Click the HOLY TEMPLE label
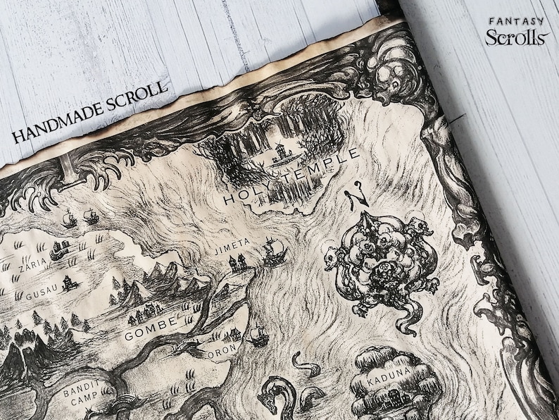click(x=290, y=177)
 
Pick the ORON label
click(x=225, y=350)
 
